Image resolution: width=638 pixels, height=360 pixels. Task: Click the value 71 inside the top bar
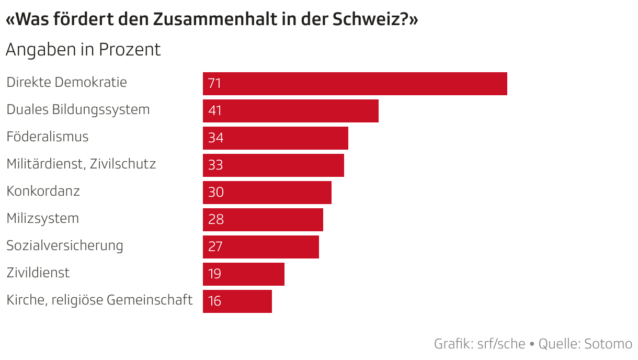(x=215, y=84)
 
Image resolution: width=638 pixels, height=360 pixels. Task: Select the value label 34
(x=215, y=138)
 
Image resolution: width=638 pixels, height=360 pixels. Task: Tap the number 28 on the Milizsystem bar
(x=215, y=220)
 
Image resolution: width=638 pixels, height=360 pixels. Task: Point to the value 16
(x=214, y=301)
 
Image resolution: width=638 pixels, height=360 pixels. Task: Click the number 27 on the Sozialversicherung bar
(x=215, y=247)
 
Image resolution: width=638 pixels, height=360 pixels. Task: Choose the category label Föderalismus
(x=48, y=137)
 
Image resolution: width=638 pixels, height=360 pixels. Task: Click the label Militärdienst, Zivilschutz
(x=81, y=164)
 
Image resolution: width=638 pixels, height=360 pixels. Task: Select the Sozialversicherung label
(x=65, y=246)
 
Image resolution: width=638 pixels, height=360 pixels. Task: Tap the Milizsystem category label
(x=43, y=219)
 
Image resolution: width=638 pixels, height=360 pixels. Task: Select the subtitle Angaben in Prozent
(x=83, y=50)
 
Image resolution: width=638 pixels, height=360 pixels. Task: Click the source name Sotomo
(x=608, y=344)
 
